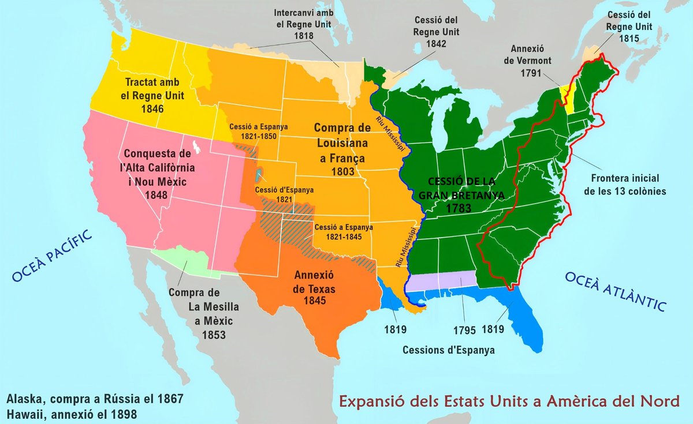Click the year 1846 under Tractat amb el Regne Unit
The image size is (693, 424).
[x=151, y=108]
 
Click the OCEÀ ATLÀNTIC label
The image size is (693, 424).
[x=616, y=292]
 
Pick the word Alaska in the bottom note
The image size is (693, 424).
[x=24, y=399]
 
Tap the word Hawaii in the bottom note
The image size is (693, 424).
[x=24, y=414]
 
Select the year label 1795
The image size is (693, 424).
[x=464, y=331]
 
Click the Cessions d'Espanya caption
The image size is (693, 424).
[x=448, y=350]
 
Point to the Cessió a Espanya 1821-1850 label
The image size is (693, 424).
[x=258, y=132]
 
